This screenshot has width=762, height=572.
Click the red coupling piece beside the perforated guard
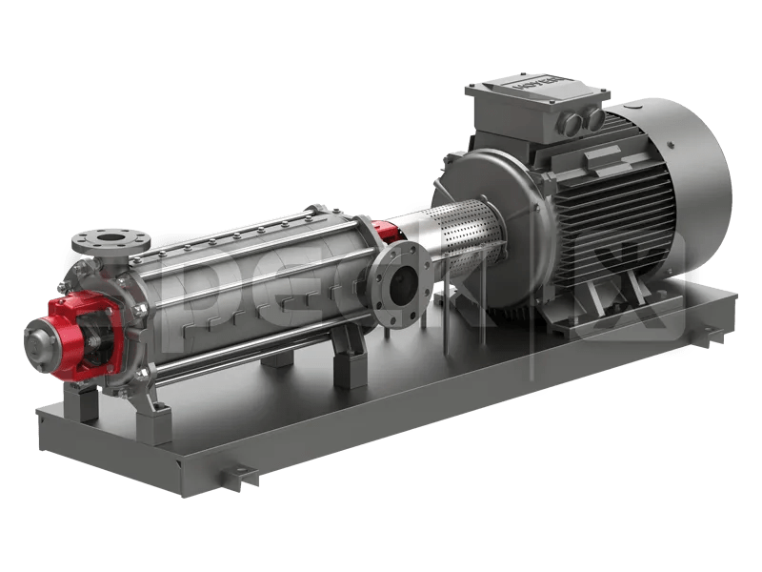(x=387, y=232)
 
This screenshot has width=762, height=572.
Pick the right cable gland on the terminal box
(x=592, y=116)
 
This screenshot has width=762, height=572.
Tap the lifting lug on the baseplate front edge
(x=239, y=474)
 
